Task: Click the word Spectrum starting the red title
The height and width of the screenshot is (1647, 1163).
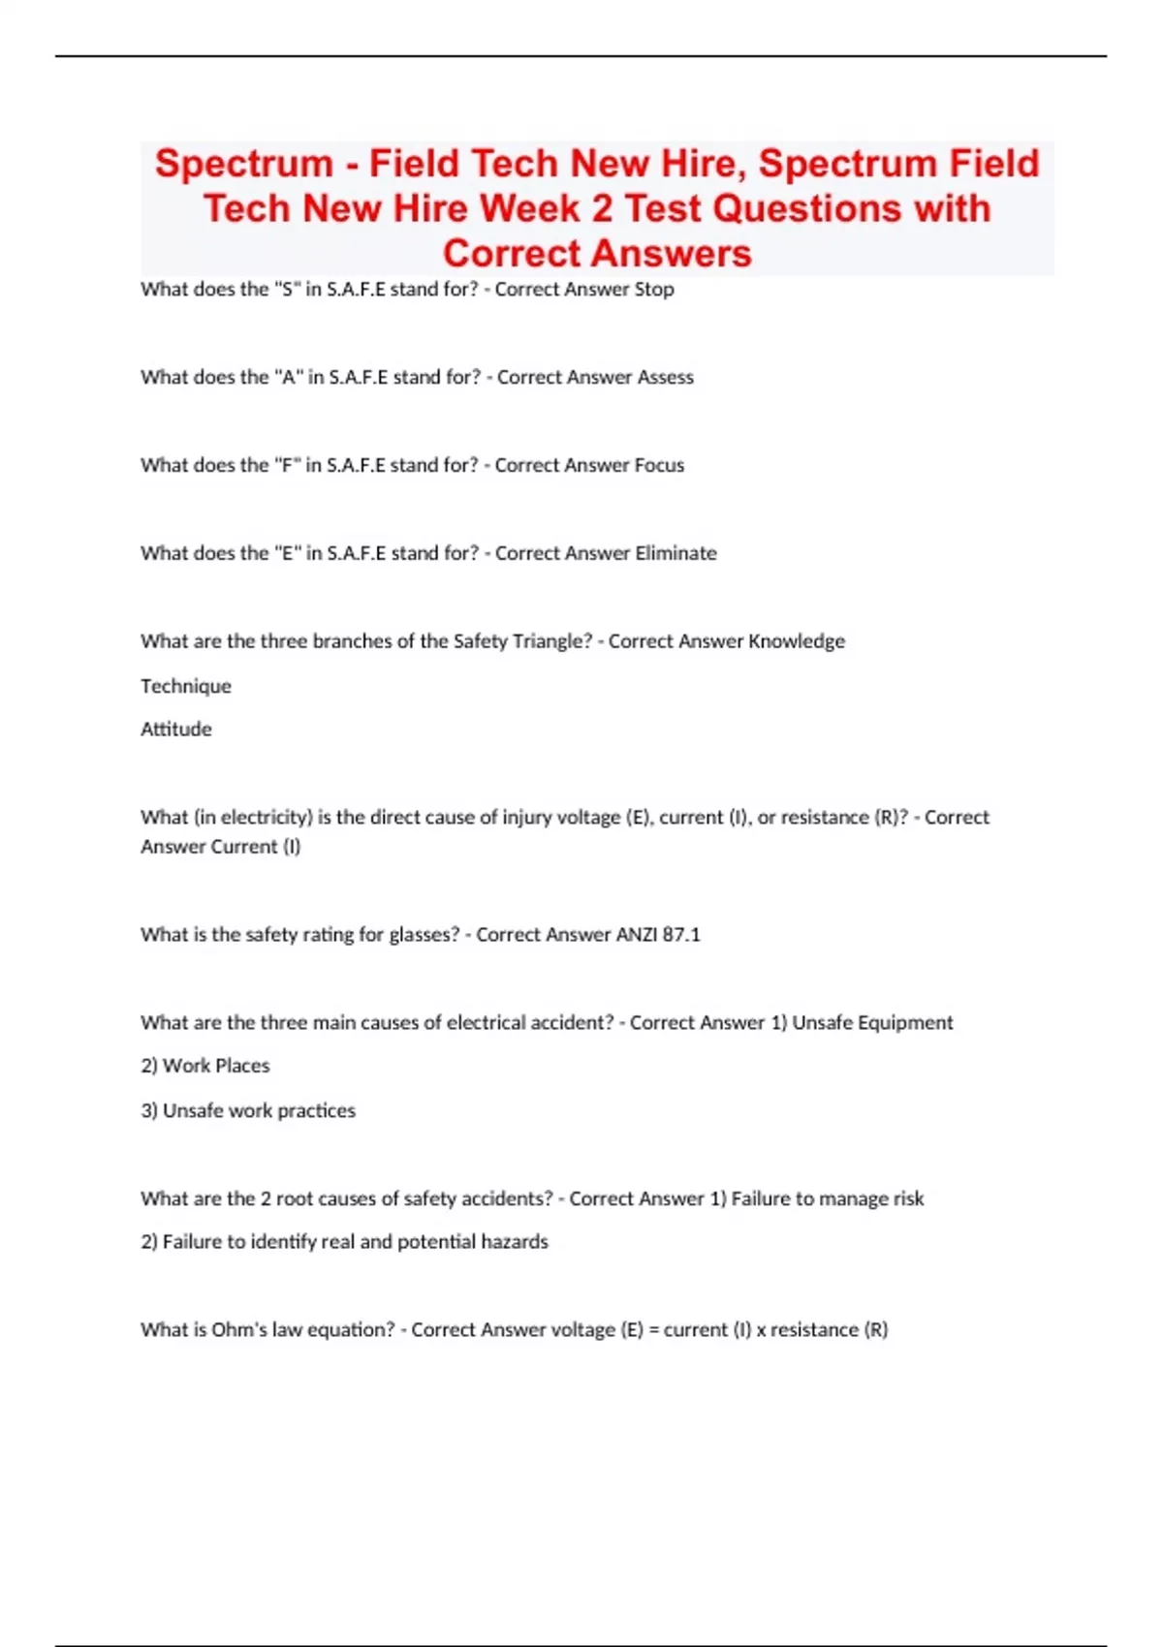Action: (x=244, y=164)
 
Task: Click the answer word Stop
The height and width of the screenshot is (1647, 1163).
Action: (x=654, y=289)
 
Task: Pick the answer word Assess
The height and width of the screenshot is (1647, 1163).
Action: (x=665, y=377)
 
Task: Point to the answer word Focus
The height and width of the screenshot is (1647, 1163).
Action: (x=659, y=465)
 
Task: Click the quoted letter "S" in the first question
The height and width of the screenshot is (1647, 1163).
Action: (x=286, y=289)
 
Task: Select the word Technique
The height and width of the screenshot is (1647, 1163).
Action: (x=186, y=686)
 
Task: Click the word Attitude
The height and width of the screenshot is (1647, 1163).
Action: (x=175, y=730)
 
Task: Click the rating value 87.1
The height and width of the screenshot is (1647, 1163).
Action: (x=681, y=935)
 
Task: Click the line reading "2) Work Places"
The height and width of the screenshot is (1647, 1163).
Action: (x=205, y=1066)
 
